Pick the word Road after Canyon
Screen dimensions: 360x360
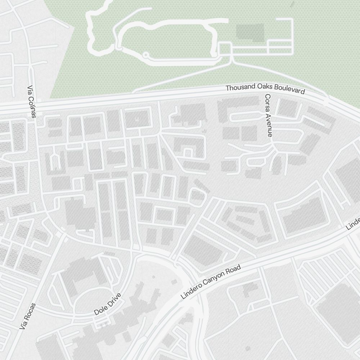point(233,270)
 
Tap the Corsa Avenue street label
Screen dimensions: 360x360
point(269,115)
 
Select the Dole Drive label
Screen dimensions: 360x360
point(108,305)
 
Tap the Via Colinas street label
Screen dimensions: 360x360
point(32,102)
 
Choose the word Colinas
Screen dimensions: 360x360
point(33,107)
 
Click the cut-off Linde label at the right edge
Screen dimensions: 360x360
point(353,223)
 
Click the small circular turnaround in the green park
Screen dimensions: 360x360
point(145,55)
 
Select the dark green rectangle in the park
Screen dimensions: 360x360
point(250,32)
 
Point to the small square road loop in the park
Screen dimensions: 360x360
point(225,49)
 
